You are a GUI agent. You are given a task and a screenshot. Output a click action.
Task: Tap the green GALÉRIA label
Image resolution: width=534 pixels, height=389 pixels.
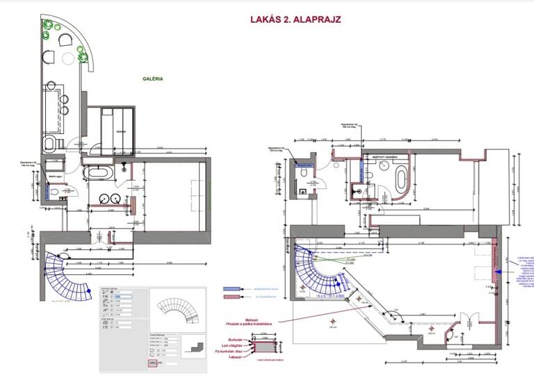pyautogui.click(x=153, y=78)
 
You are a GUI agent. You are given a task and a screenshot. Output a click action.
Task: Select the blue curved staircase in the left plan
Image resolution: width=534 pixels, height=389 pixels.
pyautogui.click(x=69, y=274)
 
